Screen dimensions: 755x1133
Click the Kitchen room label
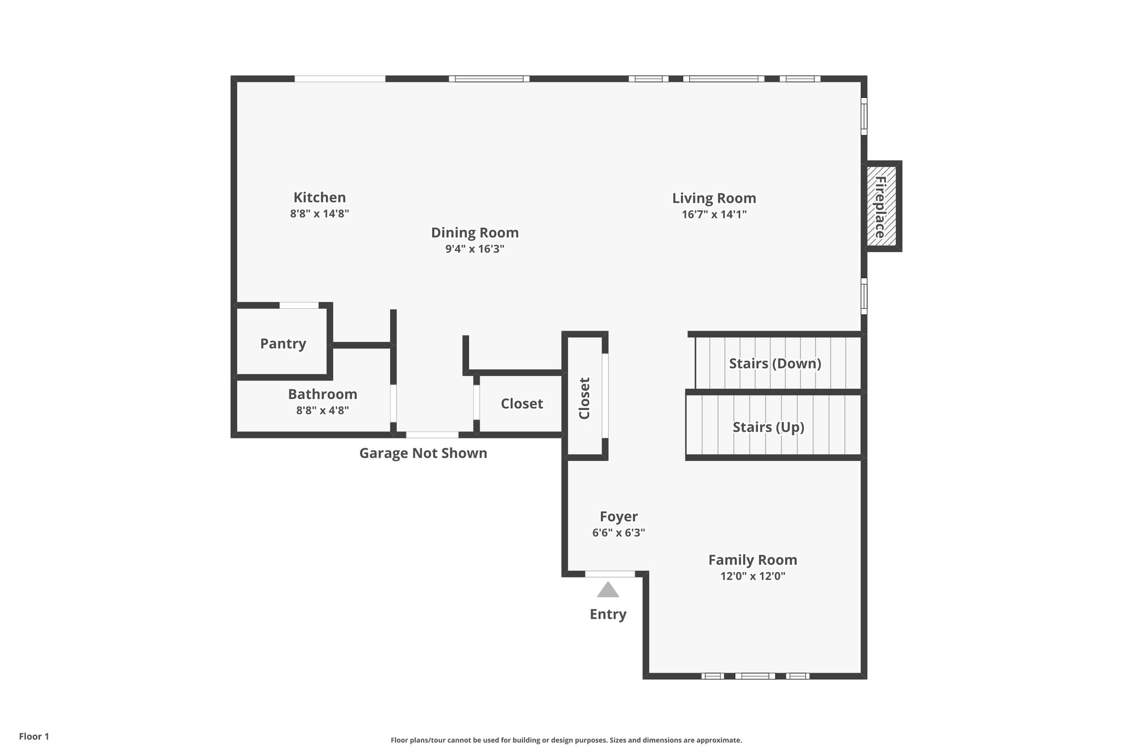coord(319,197)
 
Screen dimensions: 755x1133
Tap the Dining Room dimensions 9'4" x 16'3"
coord(475,249)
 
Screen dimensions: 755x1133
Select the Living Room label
coord(714,198)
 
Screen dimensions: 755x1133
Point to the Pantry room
coord(283,343)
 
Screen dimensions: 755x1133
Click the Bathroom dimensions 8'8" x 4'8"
coord(322,410)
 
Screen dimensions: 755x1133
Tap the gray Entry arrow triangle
coord(607,590)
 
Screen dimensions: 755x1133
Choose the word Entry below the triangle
coord(607,615)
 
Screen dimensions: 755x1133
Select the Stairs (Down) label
coord(775,363)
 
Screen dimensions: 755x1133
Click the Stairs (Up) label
coord(768,427)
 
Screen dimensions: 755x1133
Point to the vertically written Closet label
coord(585,398)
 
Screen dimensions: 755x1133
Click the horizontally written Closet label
coord(521,404)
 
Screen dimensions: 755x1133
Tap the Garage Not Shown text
coord(423,453)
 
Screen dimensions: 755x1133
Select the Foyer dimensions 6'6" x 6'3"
coord(618,533)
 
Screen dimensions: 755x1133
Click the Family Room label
coord(752,560)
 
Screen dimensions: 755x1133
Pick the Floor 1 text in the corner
coord(34,736)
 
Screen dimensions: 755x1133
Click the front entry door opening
coord(610,574)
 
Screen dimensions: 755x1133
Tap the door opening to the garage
coord(432,435)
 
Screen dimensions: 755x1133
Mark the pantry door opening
coord(299,305)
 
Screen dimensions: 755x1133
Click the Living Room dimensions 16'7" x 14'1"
coord(714,215)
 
